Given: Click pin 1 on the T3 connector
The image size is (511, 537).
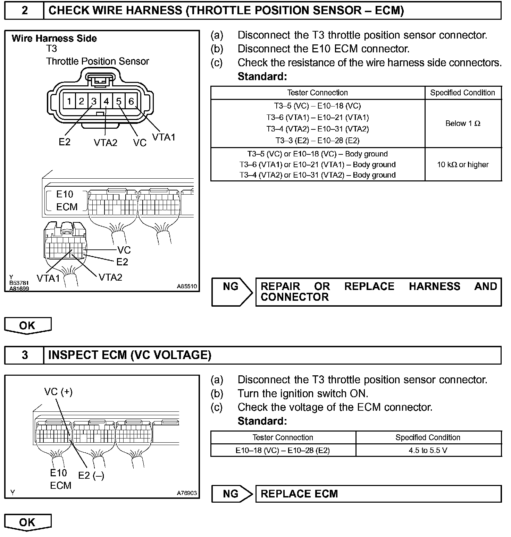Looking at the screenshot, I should click(x=69, y=101).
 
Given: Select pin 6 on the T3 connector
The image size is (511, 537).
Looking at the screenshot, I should click(x=131, y=101).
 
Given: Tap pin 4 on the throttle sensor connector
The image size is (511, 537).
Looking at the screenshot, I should click(x=106, y=101).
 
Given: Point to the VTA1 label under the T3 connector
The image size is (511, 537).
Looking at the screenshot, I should click(x=164, y=137).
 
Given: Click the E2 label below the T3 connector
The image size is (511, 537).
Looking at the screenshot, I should click(x=65, y=142).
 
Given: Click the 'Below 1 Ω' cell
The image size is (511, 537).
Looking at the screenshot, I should click(x=463, y=123).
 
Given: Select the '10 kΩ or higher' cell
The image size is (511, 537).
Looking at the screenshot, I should click(x=463, y=164).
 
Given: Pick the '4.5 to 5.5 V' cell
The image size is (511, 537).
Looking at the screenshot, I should click(x=428, y=450).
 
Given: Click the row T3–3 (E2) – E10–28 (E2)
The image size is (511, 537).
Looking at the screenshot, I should click(x=317, y=140).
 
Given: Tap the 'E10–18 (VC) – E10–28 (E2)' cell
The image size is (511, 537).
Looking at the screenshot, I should click(x=283, y=450).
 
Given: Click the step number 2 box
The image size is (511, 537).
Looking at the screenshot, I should click(x=24, y=11).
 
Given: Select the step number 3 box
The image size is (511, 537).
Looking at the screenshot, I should click(x=24, y=355).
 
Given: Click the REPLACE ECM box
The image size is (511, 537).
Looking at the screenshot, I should click(x=378, y=494).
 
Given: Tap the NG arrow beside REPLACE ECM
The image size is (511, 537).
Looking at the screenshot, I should click(x=232, y=494).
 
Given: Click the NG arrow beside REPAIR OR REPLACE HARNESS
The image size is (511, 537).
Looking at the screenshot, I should click(x=232, y=291).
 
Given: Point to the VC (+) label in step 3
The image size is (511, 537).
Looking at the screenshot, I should click(x=58, y=392).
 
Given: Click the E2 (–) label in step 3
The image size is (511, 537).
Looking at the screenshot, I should click(x=91, y=475).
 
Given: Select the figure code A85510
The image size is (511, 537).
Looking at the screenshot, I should click(x=187, y=286).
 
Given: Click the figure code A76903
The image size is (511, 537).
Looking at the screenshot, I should click(x=187, y=493).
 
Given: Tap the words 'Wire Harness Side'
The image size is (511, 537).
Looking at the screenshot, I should click(x=54, y=39).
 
